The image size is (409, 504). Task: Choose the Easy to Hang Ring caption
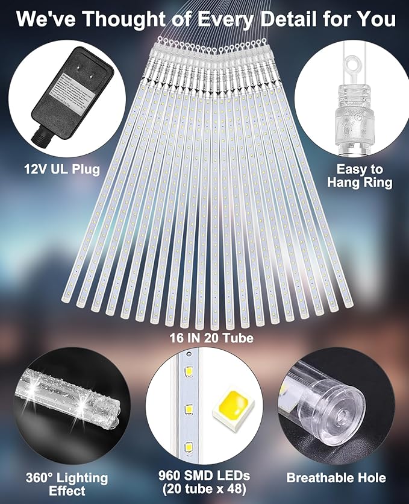tap(360, 176)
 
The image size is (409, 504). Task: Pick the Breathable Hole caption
tap(336, 477)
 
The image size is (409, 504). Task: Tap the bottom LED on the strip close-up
tap(189, 447)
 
